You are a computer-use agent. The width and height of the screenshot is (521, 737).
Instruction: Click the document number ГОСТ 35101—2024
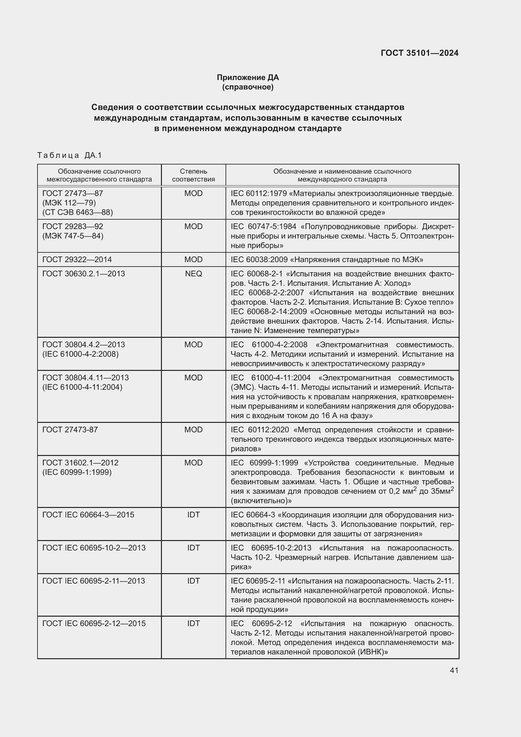click(x=419, y=53)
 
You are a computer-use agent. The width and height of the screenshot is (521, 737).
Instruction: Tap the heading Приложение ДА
click(x=248, y=78)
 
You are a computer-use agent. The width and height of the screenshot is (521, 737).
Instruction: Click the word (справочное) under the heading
click(x=248, y=87)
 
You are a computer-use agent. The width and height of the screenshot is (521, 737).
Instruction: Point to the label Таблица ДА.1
click(x=69, y=155)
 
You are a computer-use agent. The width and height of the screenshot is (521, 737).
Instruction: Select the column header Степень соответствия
click(x=193, y=175)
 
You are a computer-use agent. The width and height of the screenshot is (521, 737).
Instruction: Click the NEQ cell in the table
click(x=193, y=274)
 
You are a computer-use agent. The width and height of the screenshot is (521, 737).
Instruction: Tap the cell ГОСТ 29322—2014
click(x=77, y=259)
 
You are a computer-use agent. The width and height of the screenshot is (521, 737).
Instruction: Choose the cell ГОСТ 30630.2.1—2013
click(x=83, y=274)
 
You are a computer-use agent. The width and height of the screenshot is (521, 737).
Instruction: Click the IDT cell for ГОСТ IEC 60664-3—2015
click(x=193, y=515)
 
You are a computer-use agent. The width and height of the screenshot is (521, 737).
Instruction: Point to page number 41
click(x=454, y=670)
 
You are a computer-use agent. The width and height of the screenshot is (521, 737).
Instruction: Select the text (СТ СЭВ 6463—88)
click(x=77, y=212)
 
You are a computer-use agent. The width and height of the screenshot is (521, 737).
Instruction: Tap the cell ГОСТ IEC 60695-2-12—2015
click(x=94, y=623)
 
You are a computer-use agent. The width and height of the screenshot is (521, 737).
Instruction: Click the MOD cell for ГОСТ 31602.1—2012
click(x=193, y=463)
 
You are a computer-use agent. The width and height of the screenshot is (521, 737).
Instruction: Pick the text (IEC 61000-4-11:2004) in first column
click(x=82, y=387)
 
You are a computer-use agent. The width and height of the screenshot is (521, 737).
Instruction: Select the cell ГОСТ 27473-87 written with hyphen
click(x=70, y=430)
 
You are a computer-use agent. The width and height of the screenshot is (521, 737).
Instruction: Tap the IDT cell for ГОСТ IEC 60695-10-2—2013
click(x=193, y=548)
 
